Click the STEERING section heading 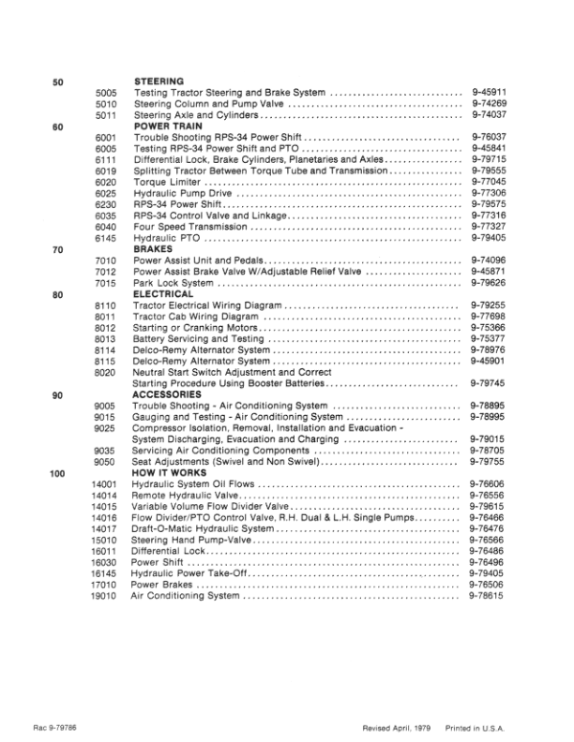158,82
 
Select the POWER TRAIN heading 167,126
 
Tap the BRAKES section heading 152,250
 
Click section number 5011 105,115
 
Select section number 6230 105,204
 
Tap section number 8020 105,372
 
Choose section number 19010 103,596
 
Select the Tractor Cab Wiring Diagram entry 195,317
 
